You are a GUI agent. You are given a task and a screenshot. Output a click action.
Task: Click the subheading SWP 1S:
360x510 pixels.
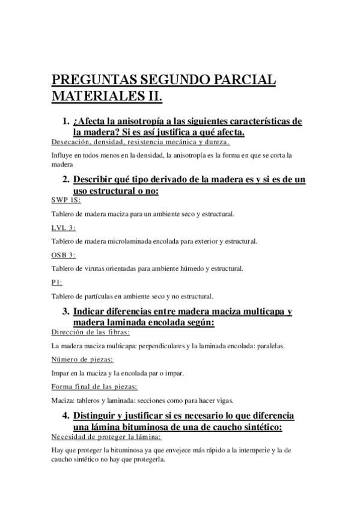(x=66, y=200)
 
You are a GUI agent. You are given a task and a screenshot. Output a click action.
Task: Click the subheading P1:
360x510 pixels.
(x=57, y=282)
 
